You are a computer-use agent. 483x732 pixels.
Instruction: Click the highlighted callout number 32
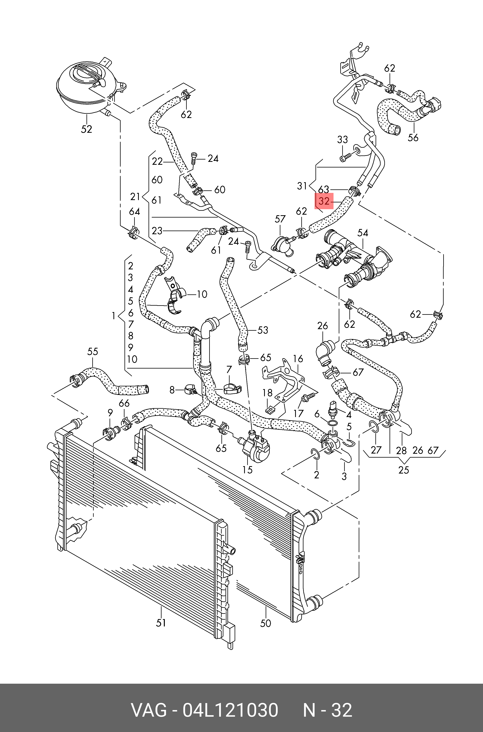coord(324,201)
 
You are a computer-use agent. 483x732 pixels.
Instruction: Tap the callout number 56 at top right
coord(413,137)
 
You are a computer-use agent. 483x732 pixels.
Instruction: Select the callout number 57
coord(280,219)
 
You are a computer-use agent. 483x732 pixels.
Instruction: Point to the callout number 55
coord(92,351)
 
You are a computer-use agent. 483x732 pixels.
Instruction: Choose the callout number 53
coord(263,330)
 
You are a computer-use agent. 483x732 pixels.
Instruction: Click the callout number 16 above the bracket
coord(298,358)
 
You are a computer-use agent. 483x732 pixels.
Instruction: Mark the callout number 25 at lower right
coord(403,470)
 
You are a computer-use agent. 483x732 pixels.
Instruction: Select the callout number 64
coord(134,212)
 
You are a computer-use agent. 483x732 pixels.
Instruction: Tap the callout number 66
coord(124,403)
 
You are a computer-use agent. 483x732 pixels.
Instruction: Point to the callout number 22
coord(157,161)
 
